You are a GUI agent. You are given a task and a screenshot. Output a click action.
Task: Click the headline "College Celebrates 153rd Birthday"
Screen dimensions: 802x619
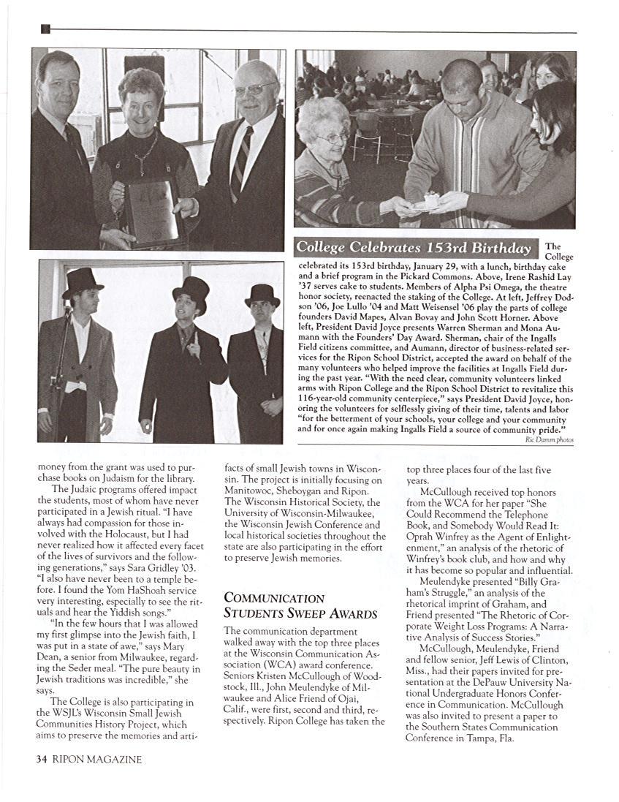pyautogui.click(x=414, y=247)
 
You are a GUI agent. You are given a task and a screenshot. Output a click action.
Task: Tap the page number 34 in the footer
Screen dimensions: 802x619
pyautogui.click(x=42, y=759)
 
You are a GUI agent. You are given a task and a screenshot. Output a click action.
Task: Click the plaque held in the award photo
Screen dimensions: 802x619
pyautogui.click(x=151, y=212)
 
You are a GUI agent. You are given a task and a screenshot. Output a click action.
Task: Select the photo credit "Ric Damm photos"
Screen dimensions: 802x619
pyautogui.click(x=549, y=440)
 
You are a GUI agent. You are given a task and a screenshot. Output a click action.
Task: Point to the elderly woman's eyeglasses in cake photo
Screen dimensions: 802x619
pyautogui.click(x=334, y=137)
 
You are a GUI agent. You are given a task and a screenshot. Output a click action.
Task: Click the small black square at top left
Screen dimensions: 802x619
pyautogui.click(x=45, y=29)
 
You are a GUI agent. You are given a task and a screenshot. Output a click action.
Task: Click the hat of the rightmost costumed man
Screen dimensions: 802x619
pyautogui.click(x=262, y=294)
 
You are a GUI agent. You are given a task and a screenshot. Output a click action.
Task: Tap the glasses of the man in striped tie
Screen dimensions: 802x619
pyautogui.click(x=252, y=90)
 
